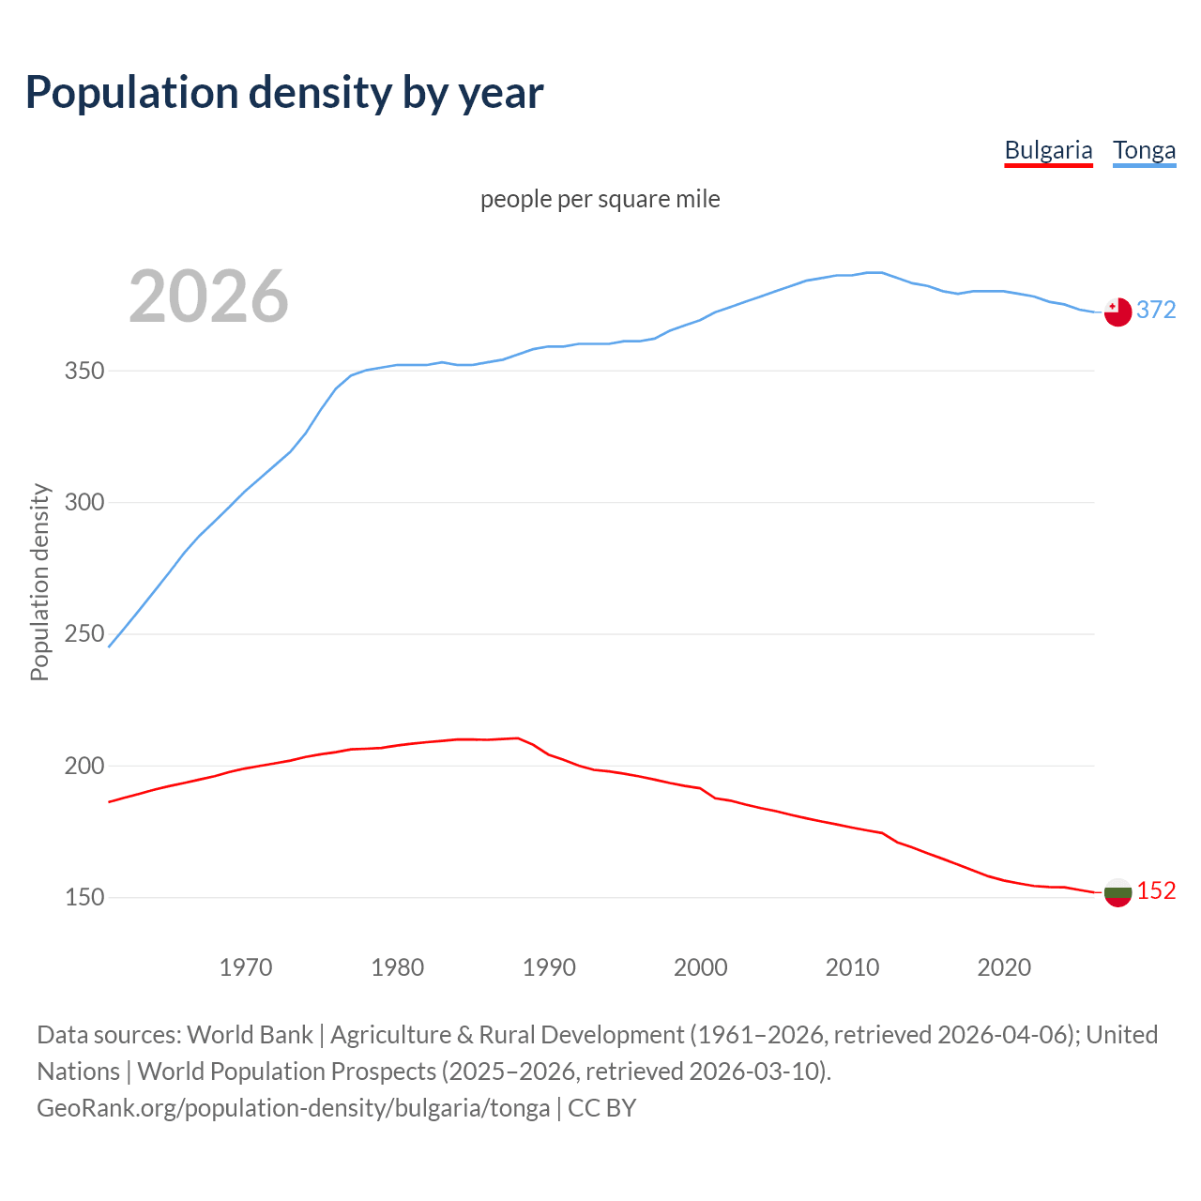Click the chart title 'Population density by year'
[284, 93]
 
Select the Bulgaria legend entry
[1048, 150]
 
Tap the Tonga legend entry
[1144, 150]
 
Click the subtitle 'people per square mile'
[600, 199]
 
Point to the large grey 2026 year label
[208, 296]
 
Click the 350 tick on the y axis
[84, 371]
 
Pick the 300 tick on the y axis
[84, 502]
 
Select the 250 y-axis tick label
[84, 634]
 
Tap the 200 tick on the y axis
[84, 766]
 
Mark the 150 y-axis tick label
[84, 897]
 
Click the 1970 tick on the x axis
[246, 966]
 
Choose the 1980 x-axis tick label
[397, 966]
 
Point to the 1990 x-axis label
[549, 966]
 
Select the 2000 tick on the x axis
[701, 966]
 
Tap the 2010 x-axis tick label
[852, 966]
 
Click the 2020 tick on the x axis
[1004, 966]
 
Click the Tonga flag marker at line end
[1117, 312]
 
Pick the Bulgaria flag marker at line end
[1117, 892]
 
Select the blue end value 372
[1156, 310]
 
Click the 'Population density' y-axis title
[39, 582]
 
